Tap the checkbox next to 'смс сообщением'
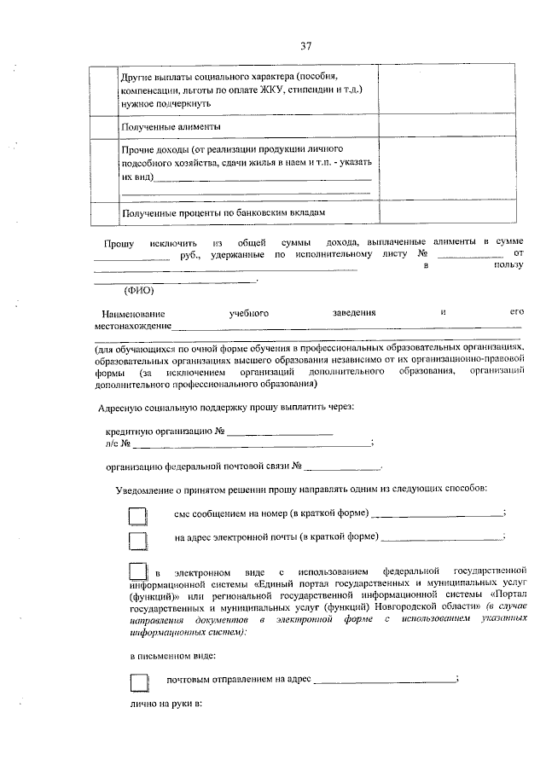138,515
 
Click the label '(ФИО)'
139,290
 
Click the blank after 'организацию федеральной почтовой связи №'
342,467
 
